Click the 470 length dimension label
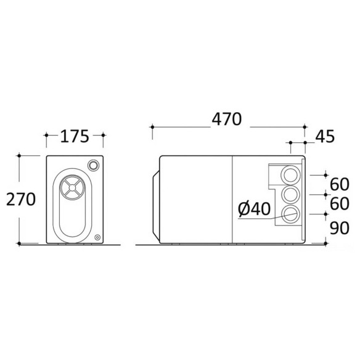[x=227, y=119]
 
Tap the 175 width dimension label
[x=75, y=136]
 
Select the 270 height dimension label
[x=21, y=199]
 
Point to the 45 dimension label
[x=325, y=137]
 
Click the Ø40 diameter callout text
[x=254, y=209]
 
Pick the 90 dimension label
[x=339, y=228]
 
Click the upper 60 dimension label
[x=339, y=184]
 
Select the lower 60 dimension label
[x=339, y=203]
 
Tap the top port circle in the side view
[x=290, y=175]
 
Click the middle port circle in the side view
[x=290, y=195]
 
